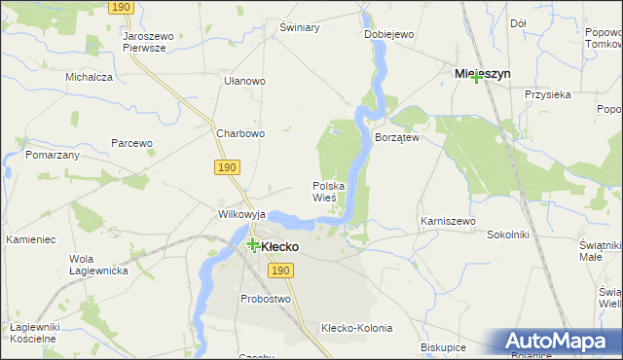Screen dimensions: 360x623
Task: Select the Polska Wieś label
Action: point(331,191)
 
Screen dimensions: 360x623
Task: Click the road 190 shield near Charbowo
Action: point(228,167)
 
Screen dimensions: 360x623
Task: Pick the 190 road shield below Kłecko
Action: point(281,270)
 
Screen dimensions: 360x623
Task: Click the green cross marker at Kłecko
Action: point(253,246)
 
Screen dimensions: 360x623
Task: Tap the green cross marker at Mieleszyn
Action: point(476,78)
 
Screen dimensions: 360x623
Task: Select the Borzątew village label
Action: point(397,138)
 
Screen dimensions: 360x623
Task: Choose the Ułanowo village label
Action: point(244,82)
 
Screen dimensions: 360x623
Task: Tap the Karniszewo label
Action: point(448,222)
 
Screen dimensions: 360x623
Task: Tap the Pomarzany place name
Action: point(53,156)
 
